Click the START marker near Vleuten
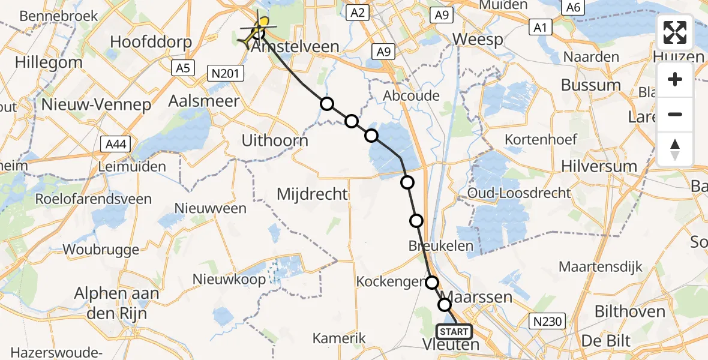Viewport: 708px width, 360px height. point(454,332)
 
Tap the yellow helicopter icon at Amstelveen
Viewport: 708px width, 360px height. point(259,29)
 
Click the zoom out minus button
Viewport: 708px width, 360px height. point(675,115)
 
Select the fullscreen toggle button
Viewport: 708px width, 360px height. point(675,32)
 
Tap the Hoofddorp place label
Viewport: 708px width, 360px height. point(152,42)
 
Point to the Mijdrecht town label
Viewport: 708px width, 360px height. point(312,194)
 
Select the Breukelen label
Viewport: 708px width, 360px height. point(440,246)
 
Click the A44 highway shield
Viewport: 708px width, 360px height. point(113,145)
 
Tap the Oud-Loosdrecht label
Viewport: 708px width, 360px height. point(519,194)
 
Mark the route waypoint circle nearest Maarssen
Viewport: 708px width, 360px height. point(445,305)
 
